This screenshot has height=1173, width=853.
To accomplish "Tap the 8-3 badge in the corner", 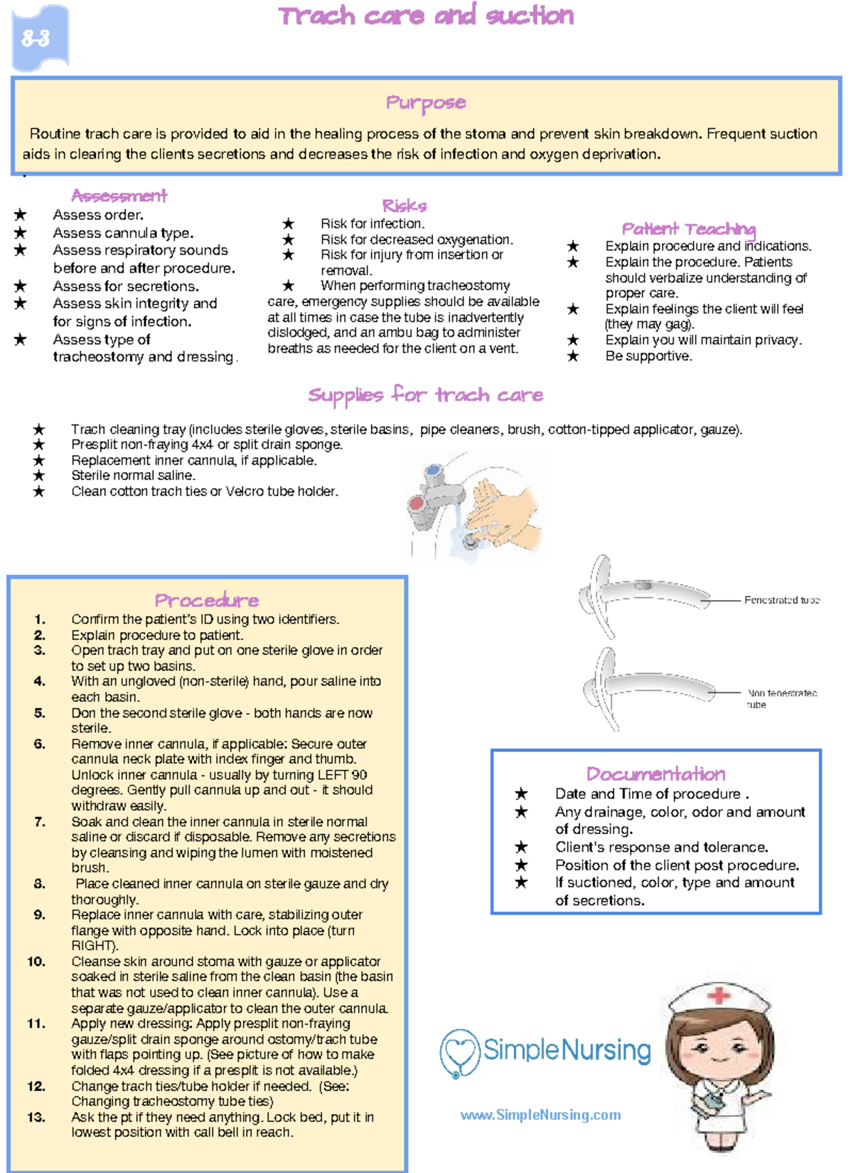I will click(x=37, y=38).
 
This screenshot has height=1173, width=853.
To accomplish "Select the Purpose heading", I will click(x=425, y=103).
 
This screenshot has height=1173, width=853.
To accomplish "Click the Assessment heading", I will click(x=119, y=195).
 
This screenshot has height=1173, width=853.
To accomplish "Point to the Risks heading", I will click(x=404, y=206).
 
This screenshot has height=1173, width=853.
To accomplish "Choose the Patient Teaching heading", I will click(x=688, y=229).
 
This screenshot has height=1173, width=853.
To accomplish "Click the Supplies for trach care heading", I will click(x=425, y=395).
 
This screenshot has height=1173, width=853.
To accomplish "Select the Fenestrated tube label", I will click(x=781, y=600).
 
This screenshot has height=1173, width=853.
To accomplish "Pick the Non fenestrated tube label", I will click(x=781, y=698).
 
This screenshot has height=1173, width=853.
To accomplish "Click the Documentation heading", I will click(x=655, y=774).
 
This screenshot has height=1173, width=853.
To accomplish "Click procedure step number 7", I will click(x=40, y=822).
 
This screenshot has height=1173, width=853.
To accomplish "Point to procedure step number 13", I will click(x=36, y=1118).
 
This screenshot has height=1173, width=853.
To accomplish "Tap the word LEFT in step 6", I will click(x=328, y=775).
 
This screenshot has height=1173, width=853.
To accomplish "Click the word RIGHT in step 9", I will click(x=92, y=946).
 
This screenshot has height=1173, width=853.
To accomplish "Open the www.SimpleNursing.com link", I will click(x=540, y=1115).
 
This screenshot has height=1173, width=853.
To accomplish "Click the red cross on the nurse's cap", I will click(x=719, y=995).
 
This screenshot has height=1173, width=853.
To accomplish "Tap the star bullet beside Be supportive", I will click(x=573, y=356).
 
